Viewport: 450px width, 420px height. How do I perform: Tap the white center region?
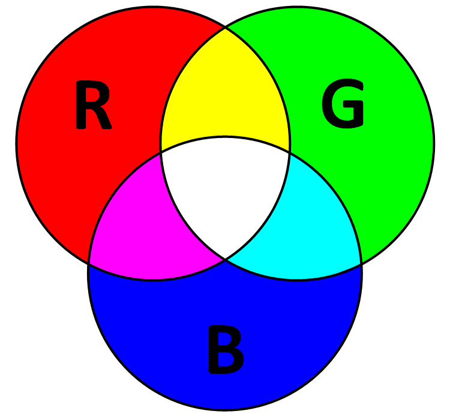[x=225, y=192]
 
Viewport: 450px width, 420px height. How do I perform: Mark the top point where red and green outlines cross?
[x=225, y=27]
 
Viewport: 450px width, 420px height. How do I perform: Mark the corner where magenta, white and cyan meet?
[x=225, y=259]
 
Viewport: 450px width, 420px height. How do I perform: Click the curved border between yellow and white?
[x=225, y=137]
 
